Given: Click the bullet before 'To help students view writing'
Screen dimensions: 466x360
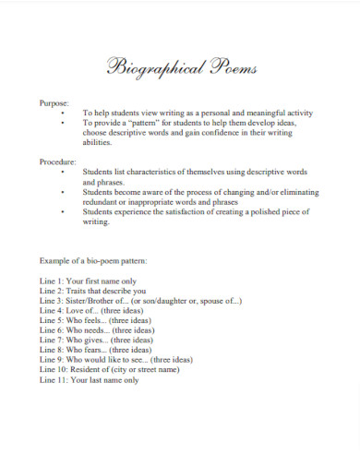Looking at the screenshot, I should coord(62,111).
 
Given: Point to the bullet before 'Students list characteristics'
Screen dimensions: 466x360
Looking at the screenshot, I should coord(62,172).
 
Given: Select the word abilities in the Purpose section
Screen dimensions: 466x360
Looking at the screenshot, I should coord(98,142).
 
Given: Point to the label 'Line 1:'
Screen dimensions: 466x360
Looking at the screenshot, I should coord(54,281).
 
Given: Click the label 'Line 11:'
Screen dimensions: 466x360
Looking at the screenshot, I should coord(55,380).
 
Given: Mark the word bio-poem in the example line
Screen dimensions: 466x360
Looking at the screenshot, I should coord(110,262).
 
